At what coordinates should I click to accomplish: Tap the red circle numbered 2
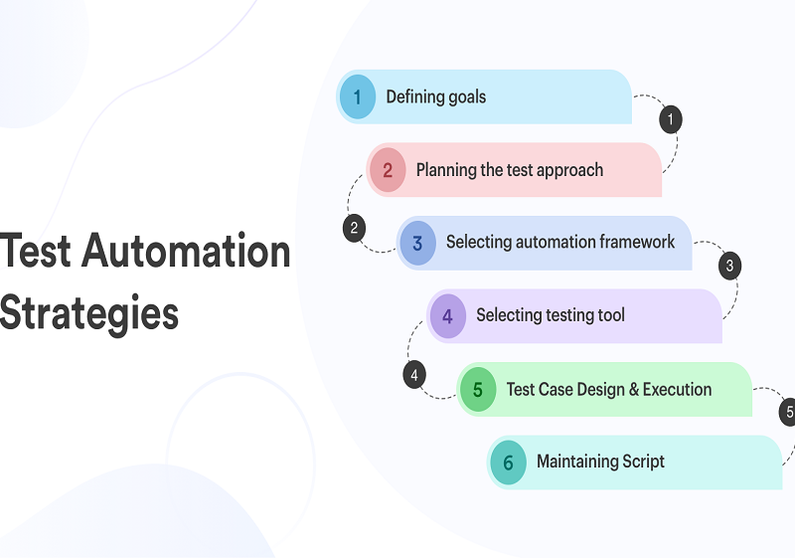tap(388, 170)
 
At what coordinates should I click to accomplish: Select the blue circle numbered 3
tap(417, 243)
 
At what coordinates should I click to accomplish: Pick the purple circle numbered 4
tap(448, 316)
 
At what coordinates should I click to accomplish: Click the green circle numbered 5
tap(478, 389)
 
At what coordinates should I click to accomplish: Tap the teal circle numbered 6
tap(508, 463)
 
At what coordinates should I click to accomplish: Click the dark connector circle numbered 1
tap(671, 120)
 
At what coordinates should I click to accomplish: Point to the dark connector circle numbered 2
tap(354, 228)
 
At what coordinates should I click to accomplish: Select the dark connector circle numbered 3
tap(729, 266)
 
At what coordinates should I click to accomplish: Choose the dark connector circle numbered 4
tap(414, 375)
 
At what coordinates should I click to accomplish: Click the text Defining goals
tap(435, 96)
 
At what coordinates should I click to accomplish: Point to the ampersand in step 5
tap(633, 389)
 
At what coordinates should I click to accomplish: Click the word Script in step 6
tap(642, 462)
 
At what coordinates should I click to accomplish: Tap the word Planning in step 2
tap(446, 170)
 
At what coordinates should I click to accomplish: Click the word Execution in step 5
tap(678, 389)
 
